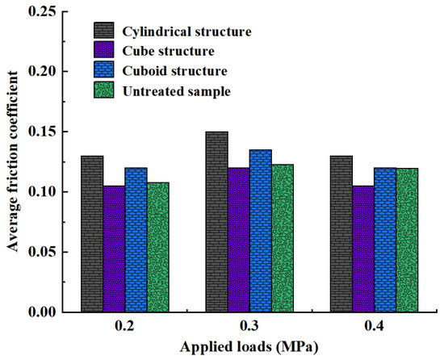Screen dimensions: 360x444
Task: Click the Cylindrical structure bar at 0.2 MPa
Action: pos(93,234)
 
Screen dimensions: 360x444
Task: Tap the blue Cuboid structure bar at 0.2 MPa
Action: pos(136,240)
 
